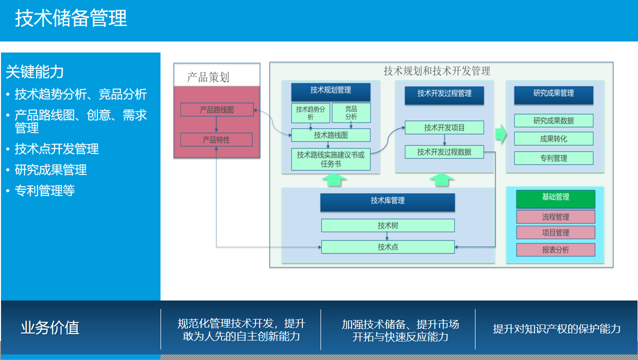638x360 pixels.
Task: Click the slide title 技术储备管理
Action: pyautogui.click(x=71, y=19)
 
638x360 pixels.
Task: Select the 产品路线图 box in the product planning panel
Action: pyautogui.click(x=216, y=109)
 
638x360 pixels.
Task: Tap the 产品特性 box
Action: pyautogui.click(x=216, y=140)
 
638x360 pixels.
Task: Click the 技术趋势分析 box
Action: pyautogui.click(x=310, y=113)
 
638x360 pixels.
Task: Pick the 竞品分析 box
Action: pyautogui.click(x=351, y=113)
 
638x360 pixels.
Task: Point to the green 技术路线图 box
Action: pyautogui.click(x=330, y=135)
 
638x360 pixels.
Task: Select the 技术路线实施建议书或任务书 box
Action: pyautogui.click(x=330, y=159)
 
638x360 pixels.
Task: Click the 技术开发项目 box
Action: pyautogui.click(x=444, y=127)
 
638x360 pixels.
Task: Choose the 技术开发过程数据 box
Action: pyautogui.click(x=444, y=152)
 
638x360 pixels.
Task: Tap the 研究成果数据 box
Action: pyautogui.click(x=553, y=120)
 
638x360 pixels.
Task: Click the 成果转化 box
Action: pyautogui.click(x=553, y=138)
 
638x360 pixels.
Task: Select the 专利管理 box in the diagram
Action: pyautogui.click(x=553, y=158)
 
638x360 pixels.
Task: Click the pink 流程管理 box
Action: pyautogui.click(x=555, y=217)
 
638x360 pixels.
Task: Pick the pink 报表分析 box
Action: pyautogui.click(x=555, y=249)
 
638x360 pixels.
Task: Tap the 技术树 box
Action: pyautogui.click(x=387, y=225)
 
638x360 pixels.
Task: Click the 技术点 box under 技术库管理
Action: pyautogui.click(x=387, y=246)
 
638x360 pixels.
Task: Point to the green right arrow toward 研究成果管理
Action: pyautogui.click(x=500, y=134)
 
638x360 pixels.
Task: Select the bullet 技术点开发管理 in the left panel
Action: pyautogui.click(x=56, y=149)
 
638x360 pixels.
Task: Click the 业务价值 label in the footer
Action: pyautogui.click(x=50, y=328)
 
